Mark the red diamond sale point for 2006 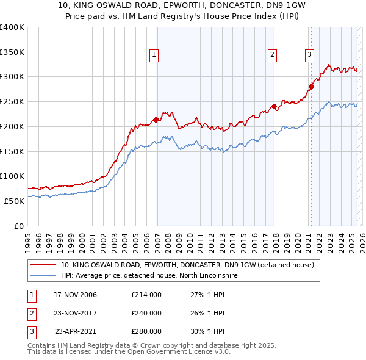point(156,120)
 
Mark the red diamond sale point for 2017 point(274,107)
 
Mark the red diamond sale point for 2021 point(311,87)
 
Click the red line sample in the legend point(44,265)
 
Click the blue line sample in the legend point(44,275)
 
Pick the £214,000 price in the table point(146,295)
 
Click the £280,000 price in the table point(146,331)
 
